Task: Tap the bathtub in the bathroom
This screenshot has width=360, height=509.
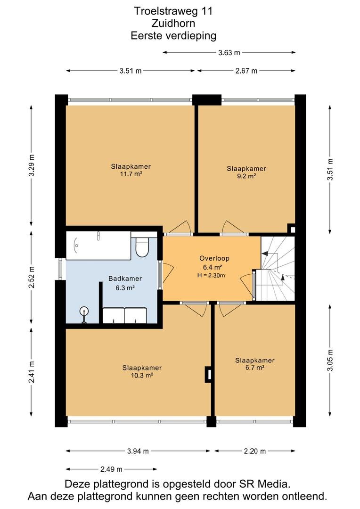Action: [98, 246]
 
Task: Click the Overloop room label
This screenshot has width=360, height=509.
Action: [214, 258]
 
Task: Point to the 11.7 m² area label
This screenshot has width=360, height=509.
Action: [131, 174]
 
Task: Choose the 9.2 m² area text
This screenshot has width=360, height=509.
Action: [246, 176]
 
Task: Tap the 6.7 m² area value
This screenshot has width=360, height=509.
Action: [255, 368]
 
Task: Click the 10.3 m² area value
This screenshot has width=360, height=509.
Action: [142, 375]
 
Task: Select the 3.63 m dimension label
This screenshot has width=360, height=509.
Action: [229, 53]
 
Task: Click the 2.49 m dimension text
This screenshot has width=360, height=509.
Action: [111, 469]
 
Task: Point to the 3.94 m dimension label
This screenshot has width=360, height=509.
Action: [138, 451]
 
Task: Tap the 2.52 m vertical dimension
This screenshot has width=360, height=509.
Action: [32, 277]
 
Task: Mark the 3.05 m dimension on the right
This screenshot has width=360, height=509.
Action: [330, 360]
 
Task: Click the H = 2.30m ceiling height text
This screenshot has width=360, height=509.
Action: [211, 276]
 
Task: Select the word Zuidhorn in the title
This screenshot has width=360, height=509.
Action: [173, 24]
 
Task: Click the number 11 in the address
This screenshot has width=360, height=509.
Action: [207, 11]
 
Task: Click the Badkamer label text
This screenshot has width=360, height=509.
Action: [125, 279]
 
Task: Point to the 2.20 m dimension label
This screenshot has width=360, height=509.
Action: [255, 451]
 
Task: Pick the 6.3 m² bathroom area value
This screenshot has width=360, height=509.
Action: [125, 287]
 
